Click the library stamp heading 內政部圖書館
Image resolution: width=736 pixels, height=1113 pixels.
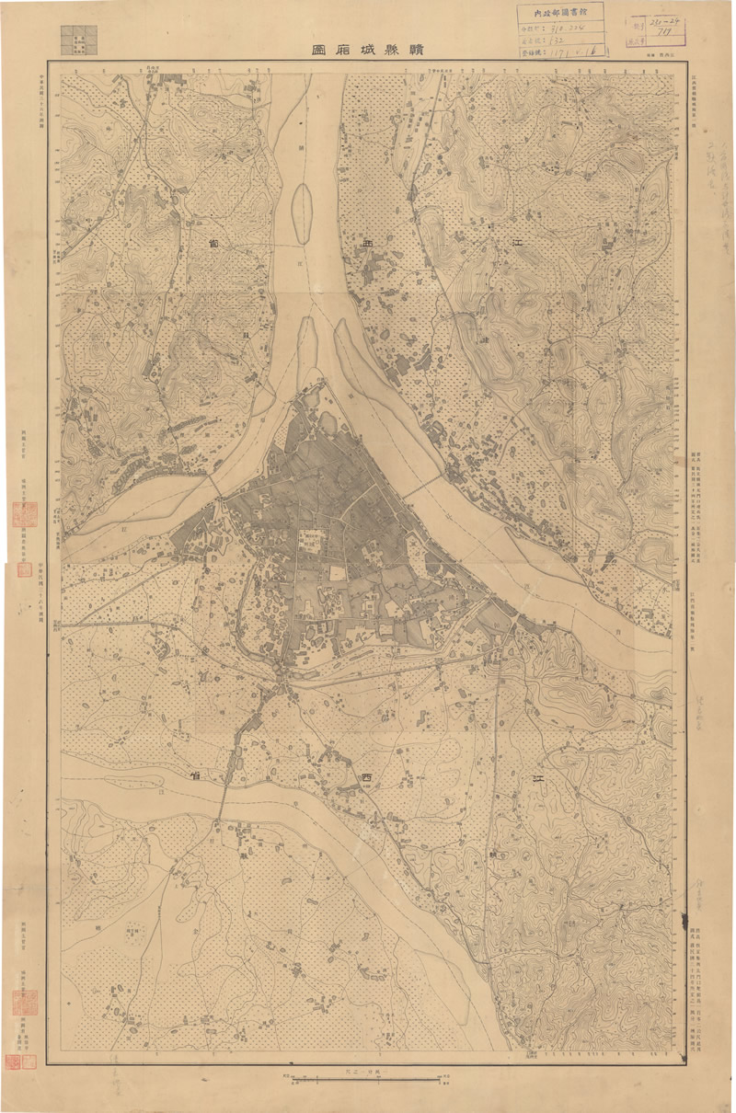coord(561,13)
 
